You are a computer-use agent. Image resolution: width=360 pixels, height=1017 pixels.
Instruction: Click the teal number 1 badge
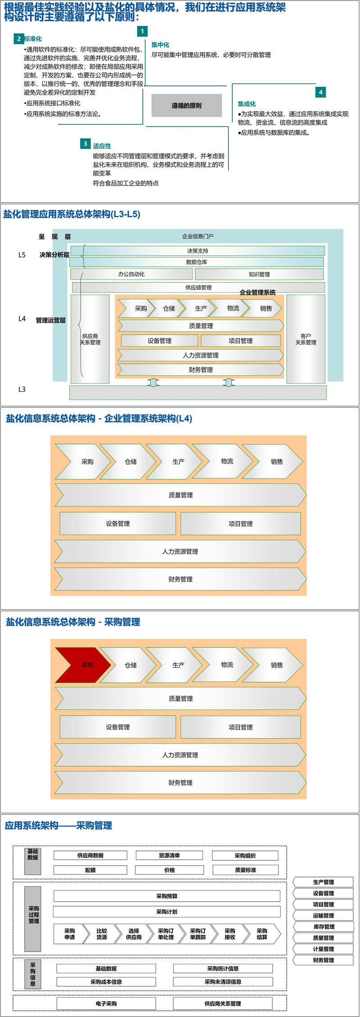point(142,31)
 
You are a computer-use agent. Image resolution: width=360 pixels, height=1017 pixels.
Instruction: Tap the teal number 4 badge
point(320,92)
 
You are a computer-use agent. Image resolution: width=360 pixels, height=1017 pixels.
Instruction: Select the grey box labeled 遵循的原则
point(186,105)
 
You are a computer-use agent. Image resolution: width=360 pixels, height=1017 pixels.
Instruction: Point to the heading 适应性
point(102,146)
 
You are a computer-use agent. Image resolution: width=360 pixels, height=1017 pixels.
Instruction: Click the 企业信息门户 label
point(198,236)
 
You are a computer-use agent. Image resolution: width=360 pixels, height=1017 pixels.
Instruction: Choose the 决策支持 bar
point(198,251)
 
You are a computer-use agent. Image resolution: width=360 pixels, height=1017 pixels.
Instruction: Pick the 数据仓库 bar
point(197,262)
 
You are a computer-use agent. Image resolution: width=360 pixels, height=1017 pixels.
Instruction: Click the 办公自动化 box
point(131,274)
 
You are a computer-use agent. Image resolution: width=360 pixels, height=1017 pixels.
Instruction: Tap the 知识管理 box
point(259,274)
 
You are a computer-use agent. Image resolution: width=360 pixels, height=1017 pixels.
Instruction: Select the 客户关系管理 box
point(306,339)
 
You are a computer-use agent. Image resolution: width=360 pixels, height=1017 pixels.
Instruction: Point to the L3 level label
point(22,389)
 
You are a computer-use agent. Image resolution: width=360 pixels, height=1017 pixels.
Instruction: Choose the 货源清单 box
point(169,855)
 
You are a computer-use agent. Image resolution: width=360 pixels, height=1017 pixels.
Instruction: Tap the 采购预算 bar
point(166,896)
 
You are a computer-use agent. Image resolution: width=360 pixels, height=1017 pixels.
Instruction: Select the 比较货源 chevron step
point(102,934)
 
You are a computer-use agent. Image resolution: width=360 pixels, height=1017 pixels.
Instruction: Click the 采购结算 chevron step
point(262,934)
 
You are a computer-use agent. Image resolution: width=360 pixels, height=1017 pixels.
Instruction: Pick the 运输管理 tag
point(323,915)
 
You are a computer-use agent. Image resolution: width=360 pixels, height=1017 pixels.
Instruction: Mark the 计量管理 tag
point(323,949)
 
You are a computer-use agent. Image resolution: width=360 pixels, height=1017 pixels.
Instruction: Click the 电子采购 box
point(106,1003)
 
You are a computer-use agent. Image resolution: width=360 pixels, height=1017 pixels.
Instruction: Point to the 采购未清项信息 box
point(223,981)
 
